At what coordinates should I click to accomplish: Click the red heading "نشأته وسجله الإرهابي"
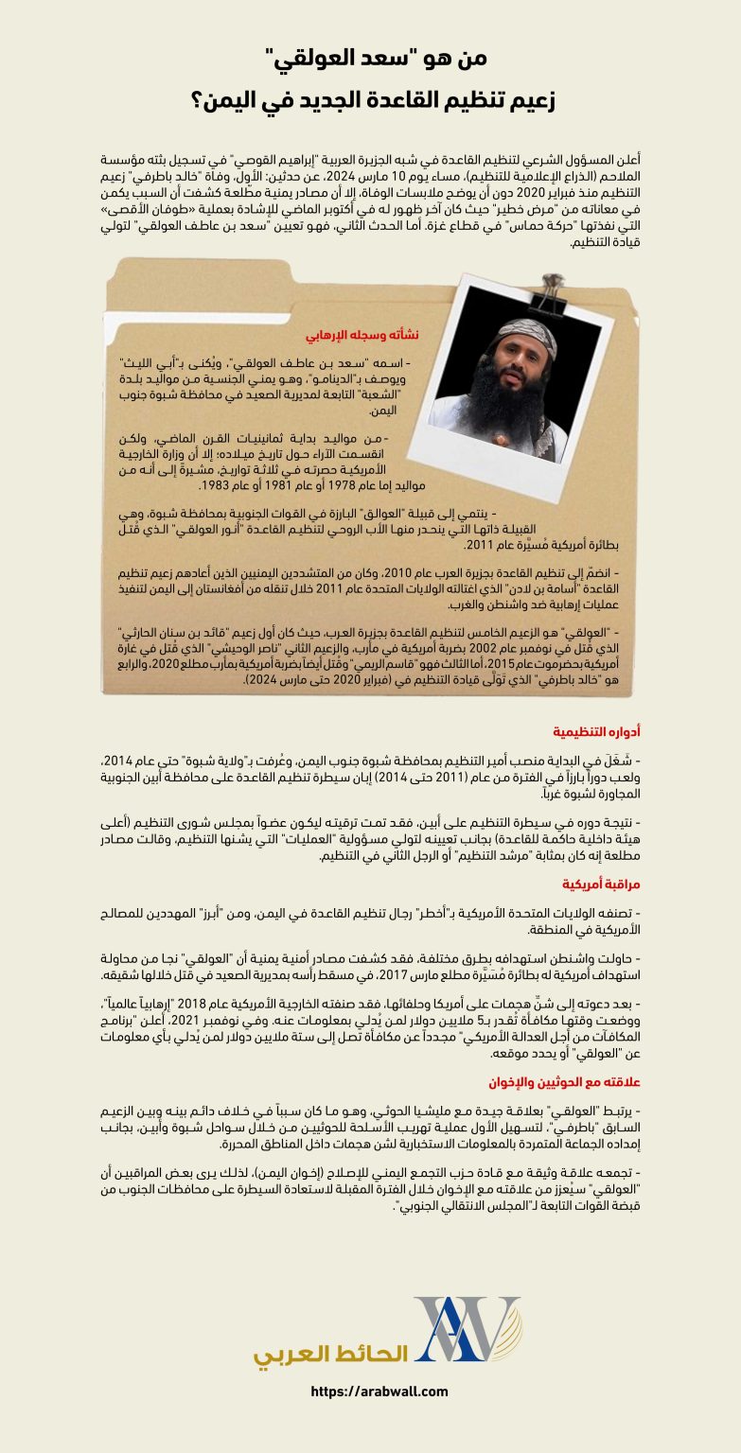click(361, 336)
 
